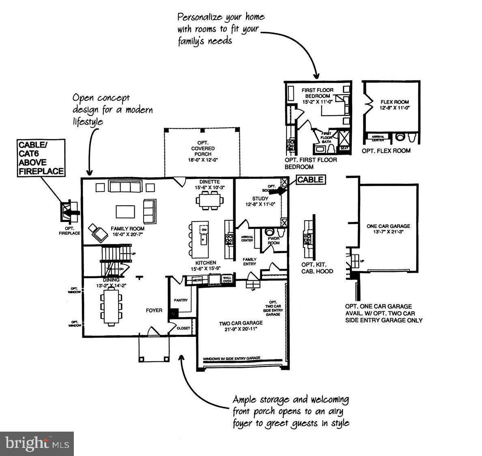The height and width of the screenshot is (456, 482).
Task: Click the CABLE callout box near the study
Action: (310, 180)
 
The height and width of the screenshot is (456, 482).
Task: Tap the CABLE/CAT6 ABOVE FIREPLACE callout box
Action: (41, 158)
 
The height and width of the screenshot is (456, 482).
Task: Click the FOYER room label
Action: (154, 311)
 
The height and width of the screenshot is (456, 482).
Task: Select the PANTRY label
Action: (181, 300)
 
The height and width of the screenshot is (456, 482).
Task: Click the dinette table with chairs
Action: (209, 200)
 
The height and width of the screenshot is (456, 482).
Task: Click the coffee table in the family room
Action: (125, 212)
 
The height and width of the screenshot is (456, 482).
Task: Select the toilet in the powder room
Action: (270, 232)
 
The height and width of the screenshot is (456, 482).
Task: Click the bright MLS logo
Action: (37, 443)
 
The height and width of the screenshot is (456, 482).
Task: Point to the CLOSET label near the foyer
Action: (183, 328)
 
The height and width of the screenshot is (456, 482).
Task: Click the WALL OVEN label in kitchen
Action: (227, 279)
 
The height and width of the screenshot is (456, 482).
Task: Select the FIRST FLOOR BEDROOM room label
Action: (318, 93)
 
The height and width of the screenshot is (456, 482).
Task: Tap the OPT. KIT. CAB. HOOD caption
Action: (317, 268)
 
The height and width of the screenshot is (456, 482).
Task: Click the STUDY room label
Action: (260, 199)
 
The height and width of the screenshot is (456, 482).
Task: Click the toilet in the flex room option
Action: (400, 137)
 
